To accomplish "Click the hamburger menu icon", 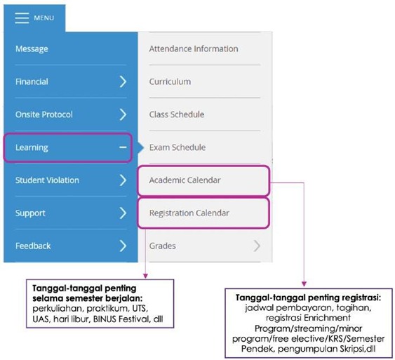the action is point(22,18).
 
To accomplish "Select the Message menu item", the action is point(32,48).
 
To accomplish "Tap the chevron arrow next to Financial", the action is point(123,81).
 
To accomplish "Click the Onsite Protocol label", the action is point(43,114).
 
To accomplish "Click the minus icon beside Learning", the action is point(123,147).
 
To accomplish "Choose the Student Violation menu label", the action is point(47,180).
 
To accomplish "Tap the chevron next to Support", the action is point(123,213).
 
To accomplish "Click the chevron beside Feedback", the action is point(123,246).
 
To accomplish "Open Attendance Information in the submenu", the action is point(194,48).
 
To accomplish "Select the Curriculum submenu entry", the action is point(170,81).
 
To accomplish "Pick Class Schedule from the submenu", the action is point(177,114).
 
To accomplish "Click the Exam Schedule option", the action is point(178,147).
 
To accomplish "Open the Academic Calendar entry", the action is point(185,180).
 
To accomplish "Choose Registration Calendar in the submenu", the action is point(189,213).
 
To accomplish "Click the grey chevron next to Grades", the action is point(257,246).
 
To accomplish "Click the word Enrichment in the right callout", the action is point(327,318).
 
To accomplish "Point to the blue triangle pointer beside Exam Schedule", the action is point(141,147).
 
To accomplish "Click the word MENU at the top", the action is point(43,18).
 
